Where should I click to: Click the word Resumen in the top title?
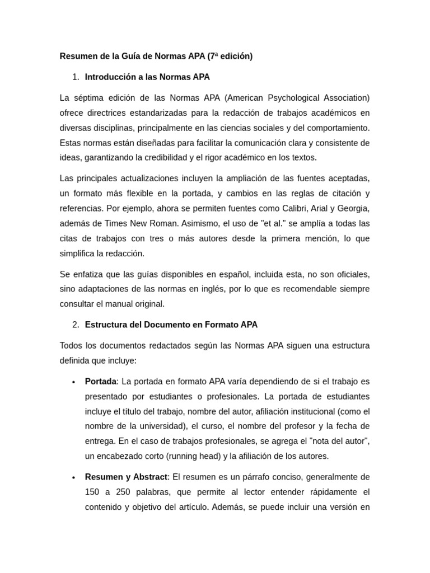[x=77, y=56]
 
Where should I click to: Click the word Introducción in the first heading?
[x=110, y=77]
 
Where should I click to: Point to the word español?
[x=232, y=274]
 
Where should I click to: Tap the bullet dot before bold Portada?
[x=73, y=382]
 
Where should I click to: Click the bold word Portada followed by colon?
[x=101, y=382]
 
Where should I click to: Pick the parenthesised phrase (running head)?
[x=188, y=455]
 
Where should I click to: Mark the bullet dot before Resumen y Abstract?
[x=73, y=478]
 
